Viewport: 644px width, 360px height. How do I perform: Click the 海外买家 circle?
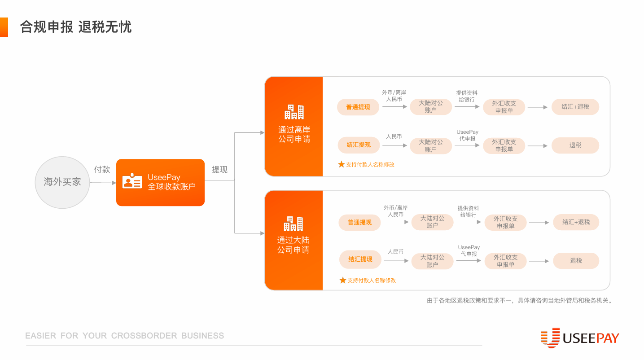pos(62,182)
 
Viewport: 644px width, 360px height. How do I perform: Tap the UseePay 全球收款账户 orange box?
pos(160,183)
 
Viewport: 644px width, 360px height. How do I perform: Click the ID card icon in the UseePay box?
pos(132,181)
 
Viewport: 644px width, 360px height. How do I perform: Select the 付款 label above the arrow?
pos(102,169)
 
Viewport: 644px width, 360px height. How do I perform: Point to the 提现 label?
pos(219,169)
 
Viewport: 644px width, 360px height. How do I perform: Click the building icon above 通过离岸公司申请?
pos(294,112)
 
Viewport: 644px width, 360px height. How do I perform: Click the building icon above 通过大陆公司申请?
pos(293,224)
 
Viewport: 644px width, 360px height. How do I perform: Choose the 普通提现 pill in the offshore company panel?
pos(358,107)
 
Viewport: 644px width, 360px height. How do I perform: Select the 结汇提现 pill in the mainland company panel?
pos(360,259)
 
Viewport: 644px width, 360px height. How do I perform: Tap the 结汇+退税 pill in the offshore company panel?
pos(575,107)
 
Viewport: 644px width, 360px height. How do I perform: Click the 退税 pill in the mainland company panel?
pos(576,260)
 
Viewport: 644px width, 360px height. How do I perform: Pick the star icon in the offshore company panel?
pos(341,165)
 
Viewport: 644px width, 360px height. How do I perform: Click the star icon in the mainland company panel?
pos(343,281)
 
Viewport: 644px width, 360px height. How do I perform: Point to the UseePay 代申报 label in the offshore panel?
pos(468,136)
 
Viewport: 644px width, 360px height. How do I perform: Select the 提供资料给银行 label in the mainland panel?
pos(468,211)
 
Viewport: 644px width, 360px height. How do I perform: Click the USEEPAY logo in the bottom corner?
pos(580,338)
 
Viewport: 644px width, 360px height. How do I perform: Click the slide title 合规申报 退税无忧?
pos(76,27)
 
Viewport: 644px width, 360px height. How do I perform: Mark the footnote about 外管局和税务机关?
pos(519,301)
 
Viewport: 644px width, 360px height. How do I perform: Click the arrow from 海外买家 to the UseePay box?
pos(103,183)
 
